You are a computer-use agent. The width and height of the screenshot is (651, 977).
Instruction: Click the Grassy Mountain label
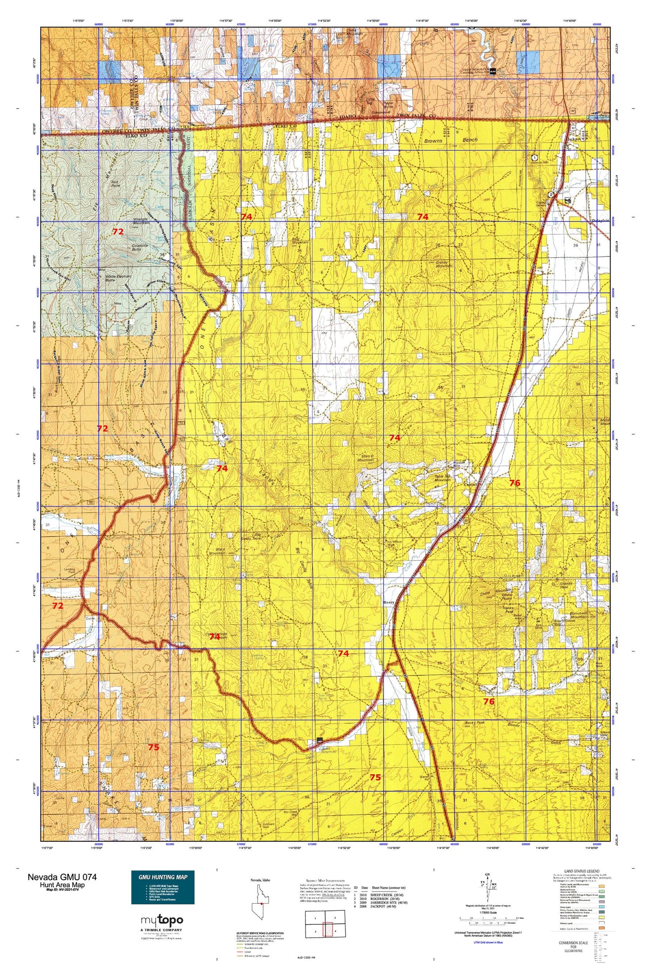click(437, 264)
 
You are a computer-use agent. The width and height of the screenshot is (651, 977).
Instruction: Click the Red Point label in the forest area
click(115, 183)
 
